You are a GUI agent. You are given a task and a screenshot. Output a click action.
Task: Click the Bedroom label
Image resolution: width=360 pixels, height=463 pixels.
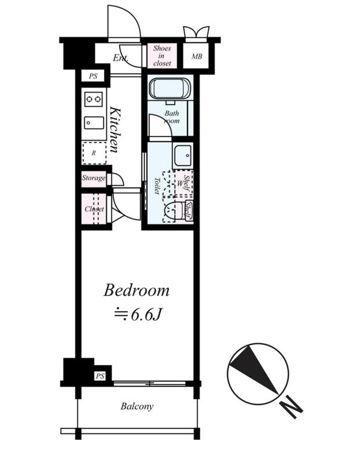(137, 291)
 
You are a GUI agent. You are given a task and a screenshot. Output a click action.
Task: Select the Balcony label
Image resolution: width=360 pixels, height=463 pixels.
(137, 406)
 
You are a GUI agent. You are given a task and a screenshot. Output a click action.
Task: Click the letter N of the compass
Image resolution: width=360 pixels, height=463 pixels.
(291, 408)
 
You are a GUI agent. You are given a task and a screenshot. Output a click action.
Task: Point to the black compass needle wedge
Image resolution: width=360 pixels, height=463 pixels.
(254, 367)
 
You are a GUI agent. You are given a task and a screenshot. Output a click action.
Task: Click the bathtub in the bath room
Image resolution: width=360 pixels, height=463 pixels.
(170, 89)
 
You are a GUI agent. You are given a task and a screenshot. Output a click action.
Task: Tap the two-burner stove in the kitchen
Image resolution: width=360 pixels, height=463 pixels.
(94, 99)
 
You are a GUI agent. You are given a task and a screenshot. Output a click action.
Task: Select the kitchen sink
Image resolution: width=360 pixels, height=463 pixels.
(94, 123)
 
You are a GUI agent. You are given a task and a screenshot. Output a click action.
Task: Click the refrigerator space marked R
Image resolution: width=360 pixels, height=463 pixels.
(94, 153)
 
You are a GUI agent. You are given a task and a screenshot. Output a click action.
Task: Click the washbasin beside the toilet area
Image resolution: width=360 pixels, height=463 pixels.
(183, 156)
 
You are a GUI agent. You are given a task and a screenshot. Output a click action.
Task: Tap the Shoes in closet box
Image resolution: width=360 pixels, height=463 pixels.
(162, 56)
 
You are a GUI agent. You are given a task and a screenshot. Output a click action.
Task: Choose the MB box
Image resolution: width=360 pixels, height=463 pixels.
(196, 56)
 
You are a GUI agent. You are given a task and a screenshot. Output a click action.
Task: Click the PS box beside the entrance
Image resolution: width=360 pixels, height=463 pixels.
(93, 76)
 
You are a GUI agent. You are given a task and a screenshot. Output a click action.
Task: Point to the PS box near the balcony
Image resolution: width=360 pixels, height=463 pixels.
(100, 376)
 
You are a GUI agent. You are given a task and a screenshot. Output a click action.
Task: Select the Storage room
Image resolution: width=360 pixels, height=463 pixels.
(94, 178)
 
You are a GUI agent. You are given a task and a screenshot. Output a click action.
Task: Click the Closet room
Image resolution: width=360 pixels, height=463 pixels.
(94, 209)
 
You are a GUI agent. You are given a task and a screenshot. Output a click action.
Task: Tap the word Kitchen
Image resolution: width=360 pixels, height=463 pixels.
(115, 130)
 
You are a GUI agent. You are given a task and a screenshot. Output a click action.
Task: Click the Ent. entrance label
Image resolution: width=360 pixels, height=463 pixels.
(120, 57)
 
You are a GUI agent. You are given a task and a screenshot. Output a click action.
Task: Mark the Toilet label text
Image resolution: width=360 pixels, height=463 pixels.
(157, 186)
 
